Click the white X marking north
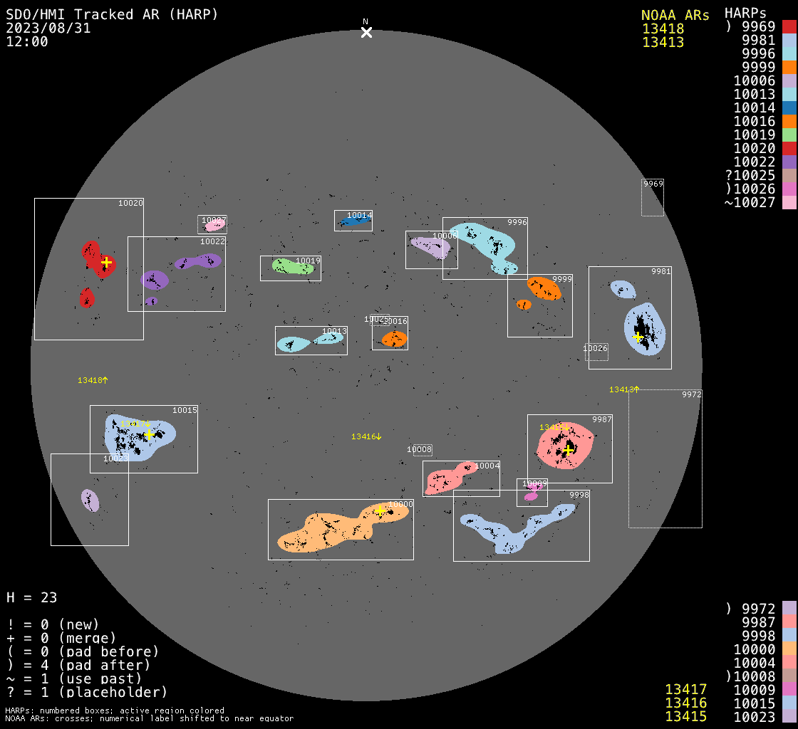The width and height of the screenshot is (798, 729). pyautogui.click(x=366, y=32)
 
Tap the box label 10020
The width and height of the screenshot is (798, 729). pyautogui.click(x=130, y=204)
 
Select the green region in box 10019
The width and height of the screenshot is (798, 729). pyautogui.click(x=291, y=266)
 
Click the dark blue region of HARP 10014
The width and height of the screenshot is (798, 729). pyautogui.click(x=354, y=221)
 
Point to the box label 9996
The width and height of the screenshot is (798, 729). pyautogui.click(x=517, y=223)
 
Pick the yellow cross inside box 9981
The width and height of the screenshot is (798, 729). pyautogui.click(x=638, y=337)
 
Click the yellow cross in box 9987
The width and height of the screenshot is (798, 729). pyautogui.click(x=568, y=449)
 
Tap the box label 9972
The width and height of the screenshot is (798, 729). pyautogui.click(x=691, y=394)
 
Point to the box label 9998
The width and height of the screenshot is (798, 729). pyautogui.click(x=579, y=495)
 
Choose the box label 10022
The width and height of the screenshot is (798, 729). pyautogui.click(x=212, y=242)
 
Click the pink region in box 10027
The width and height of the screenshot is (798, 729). pyautogui.click(x=214, y=226)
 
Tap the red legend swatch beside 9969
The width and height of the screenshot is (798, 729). pyautogui.click(x=789, y=27)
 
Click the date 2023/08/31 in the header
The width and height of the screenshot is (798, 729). pyautogui.click(x=48, y=28)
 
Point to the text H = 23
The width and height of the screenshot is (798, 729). pyautogui.click(x=32, y=597)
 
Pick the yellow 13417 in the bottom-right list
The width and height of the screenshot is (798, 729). pyautogui.click(x=685, y=689)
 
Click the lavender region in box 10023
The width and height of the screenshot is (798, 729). pyautogui.click(x=90, y=500)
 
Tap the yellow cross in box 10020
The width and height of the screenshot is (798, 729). pyautogui.click(x=106, y=262)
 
